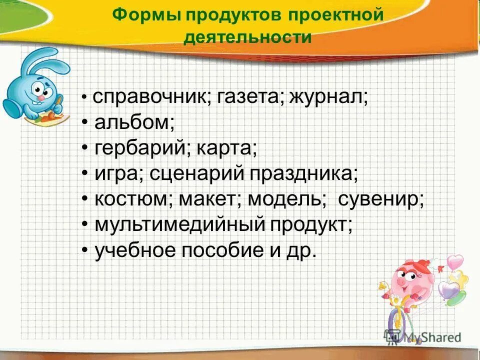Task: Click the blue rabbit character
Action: coord(35,82)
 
